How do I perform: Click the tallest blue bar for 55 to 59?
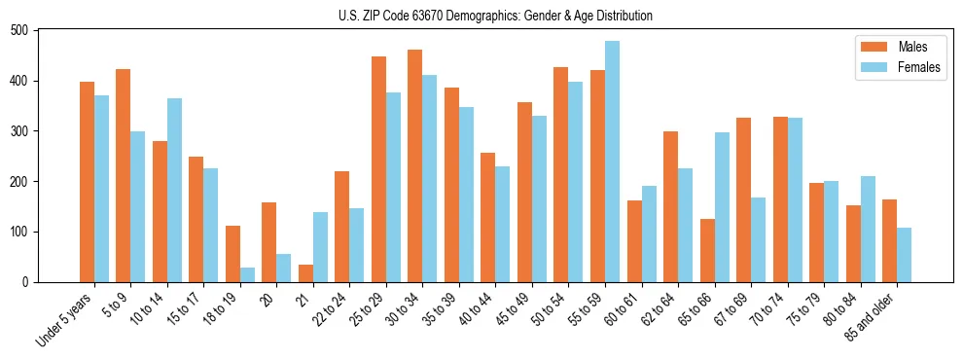tap(612, 162)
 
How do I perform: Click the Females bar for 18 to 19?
tap(247, 274)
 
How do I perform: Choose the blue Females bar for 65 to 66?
tap(722, 207)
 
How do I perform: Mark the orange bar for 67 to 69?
tap(743, 199)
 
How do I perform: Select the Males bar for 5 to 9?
tap(124, 175)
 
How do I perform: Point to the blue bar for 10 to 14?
tap(174, 190)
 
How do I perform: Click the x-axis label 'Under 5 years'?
tap(66, 318)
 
